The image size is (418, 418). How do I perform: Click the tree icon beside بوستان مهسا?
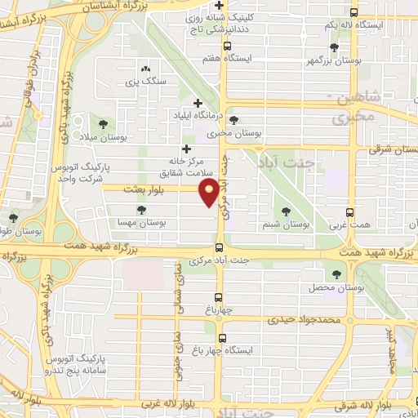point(143,211)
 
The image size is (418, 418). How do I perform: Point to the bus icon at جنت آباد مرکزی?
point(219,248)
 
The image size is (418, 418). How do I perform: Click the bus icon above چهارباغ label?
point(219,297)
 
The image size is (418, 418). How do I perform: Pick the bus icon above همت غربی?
point(351,210)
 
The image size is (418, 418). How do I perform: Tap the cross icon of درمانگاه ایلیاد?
point(198,103)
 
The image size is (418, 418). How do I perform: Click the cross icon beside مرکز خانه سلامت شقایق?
point(187,149)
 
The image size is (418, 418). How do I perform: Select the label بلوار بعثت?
point(139,189)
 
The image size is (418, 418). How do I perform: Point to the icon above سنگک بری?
point(145,69)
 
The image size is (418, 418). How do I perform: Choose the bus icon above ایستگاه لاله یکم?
point(353,12)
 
